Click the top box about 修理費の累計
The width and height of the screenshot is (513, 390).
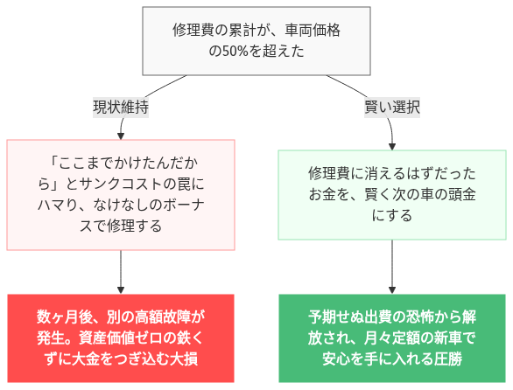click(x=256, y=41)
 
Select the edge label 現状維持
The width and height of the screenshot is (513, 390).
click(x=121, y=108)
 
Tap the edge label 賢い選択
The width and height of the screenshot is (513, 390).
click(x=392, y=108)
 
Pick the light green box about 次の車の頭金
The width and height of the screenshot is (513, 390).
click(x=391, y=194)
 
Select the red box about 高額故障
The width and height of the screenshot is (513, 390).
click(x=121, y=338)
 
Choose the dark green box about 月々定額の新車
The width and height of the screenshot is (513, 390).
click(x=391, y=338)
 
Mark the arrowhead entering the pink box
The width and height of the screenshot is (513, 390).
click(x=121, y=135)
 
